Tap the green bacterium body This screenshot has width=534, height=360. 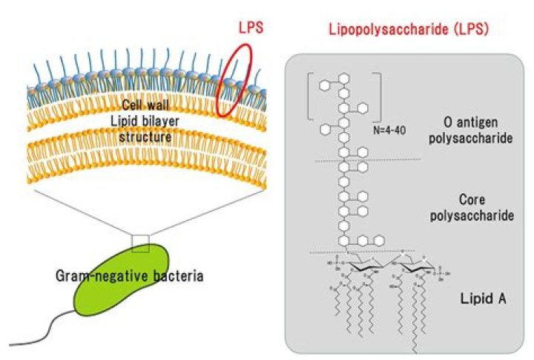(x=122, y=286)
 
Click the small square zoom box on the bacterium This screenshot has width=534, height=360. (x=140, y=242)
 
